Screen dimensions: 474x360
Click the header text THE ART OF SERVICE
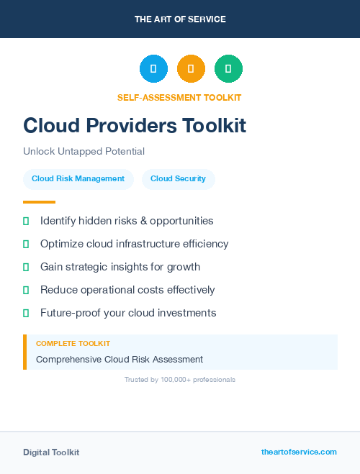(x=180, y=19)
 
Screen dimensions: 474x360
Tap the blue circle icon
(x=153, y=69)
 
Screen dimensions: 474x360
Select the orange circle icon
(x=191, y=69)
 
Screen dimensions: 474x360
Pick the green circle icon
(x=229, y=69)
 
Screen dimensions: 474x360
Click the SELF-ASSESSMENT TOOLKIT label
(x=179, y=98)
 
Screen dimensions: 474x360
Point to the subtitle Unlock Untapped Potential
(x=84, y=152)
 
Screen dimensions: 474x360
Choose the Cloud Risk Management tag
(x=78, y=179)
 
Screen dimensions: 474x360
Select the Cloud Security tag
(x=178, y=179)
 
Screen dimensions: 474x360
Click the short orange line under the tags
(x=39, y=202)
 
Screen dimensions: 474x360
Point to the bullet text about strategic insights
(x=120, y=267)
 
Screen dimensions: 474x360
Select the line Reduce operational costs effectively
(x=127, y=290)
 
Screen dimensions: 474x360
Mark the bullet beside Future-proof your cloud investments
(x=26, y=313)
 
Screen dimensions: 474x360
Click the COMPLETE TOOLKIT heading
(x=73, y=344)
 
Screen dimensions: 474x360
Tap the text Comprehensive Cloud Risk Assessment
(x=120, y=360)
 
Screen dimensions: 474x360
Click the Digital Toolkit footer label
(x=51, y=452)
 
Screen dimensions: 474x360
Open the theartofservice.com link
(x=299, y=452)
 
